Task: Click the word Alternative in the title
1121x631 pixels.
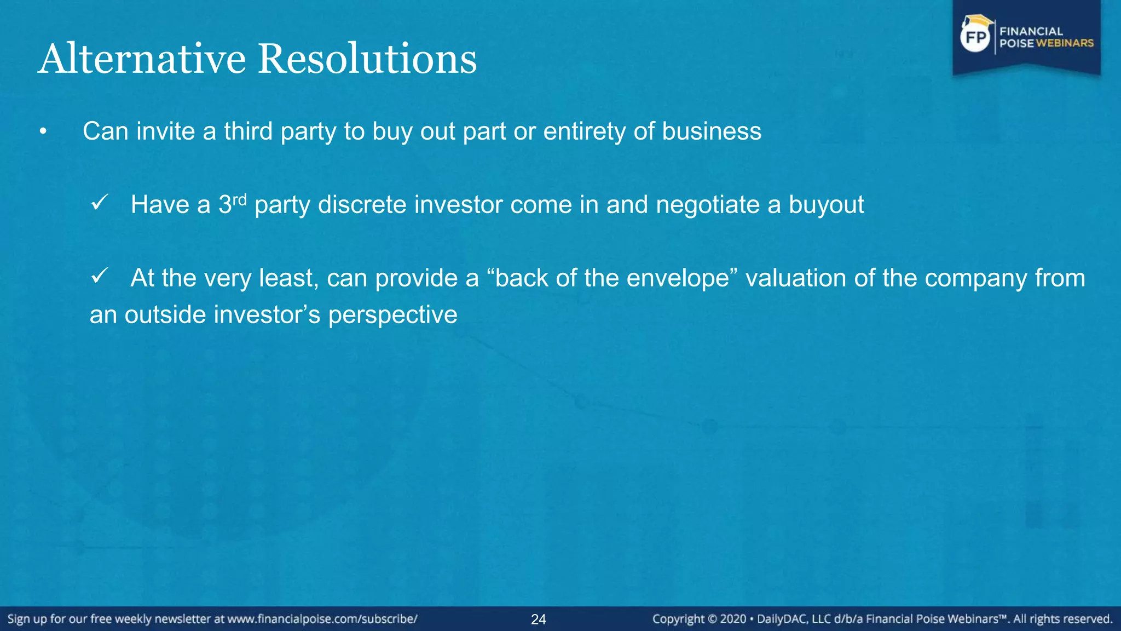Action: [x=142, y=59]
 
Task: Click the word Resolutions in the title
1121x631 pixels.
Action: [x=367, y=59]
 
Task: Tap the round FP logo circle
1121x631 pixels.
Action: [x=975, y=37]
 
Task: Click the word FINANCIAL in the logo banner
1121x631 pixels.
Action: [x=1031, y=31]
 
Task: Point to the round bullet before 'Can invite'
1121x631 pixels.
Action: [x=43, y=132]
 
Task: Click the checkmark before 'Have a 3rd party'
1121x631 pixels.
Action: [x=100, y=203]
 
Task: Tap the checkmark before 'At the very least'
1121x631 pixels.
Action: [x=100, y=276]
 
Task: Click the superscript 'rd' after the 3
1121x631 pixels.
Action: [x=239, y=199]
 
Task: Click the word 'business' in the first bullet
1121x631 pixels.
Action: [x=712, y=131]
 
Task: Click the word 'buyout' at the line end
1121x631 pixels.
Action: [x=826, y=205]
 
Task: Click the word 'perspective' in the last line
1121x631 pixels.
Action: [x=392, y=315]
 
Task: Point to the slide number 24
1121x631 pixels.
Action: [x=539, y=619]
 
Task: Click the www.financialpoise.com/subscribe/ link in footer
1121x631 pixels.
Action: [x=322, y=619]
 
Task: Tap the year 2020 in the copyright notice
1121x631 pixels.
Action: [x=733, y=619]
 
